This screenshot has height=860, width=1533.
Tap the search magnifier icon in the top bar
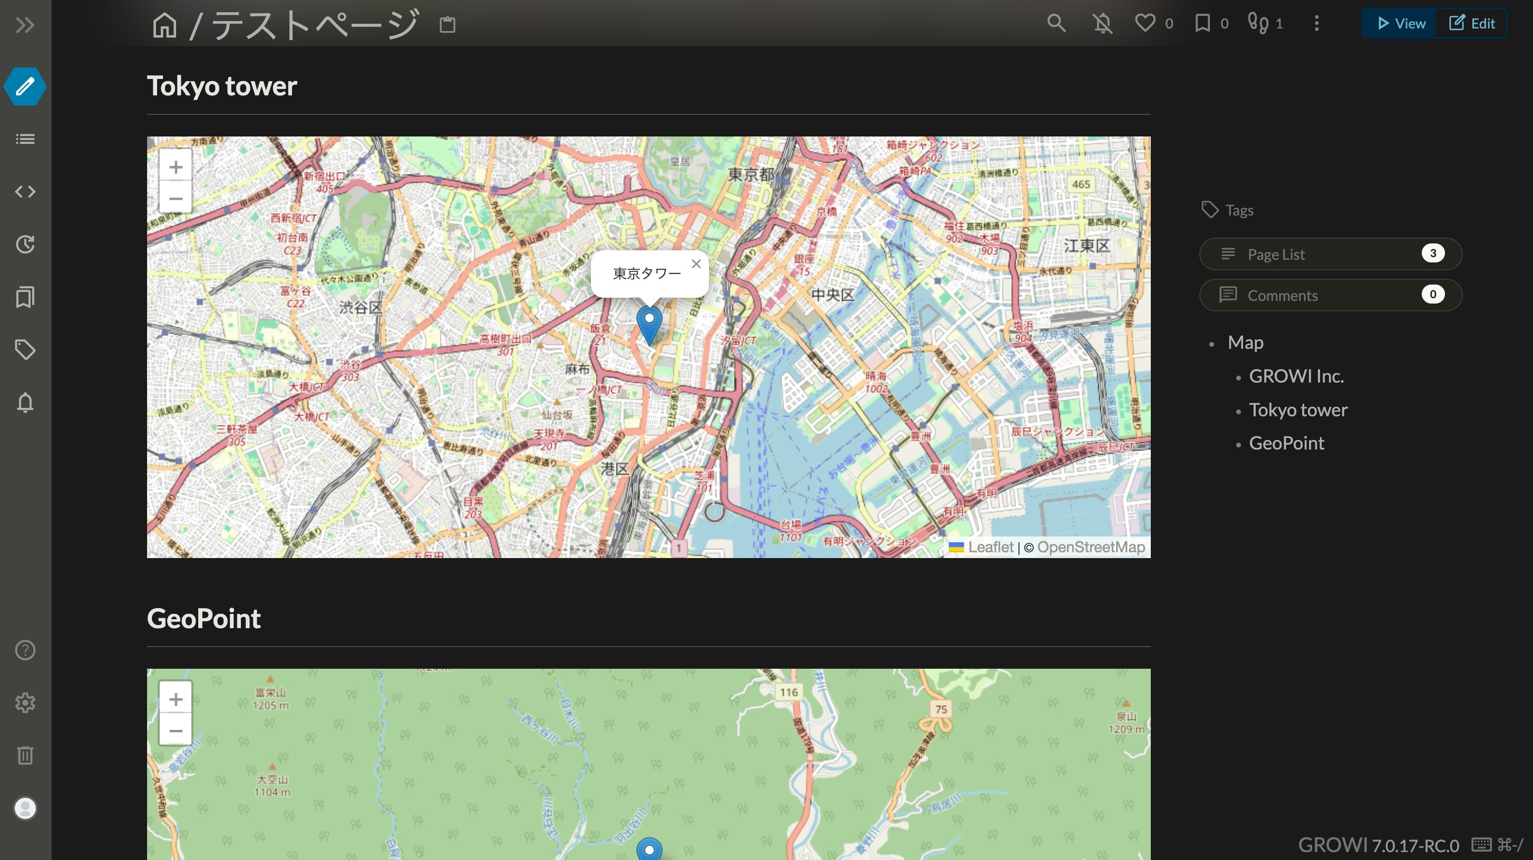click(x=1056, y=23)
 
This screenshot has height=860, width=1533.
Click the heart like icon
click(x=1144, y=23)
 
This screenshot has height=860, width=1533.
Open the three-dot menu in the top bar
click(x=1316, y=23)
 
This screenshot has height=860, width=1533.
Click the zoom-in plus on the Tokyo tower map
click(x=176, y=167)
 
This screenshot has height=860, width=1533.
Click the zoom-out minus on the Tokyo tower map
click(x=176, y=198)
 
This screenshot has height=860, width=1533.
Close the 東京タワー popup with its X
click(x=696, y=264)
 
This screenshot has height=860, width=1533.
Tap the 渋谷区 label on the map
click(x=360, y=308)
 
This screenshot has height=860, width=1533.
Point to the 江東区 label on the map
click(x=1086, y=246)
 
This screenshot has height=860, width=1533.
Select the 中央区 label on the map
click(x=832, y=295)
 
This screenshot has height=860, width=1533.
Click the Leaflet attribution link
click(x=989, y=547)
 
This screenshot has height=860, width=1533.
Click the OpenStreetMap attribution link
click(x=1090, y=547)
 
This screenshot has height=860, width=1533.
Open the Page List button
click(x=1331, y=254)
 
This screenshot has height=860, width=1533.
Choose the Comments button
click(x=1331, y=295)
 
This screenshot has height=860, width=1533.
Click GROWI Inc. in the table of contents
click(x=1296, y=376)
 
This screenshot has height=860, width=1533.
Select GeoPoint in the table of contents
click(x=1286, y=443)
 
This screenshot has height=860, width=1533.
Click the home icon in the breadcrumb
click(x=165, y=25)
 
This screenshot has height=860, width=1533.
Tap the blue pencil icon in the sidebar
click(x=25, y=86)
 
